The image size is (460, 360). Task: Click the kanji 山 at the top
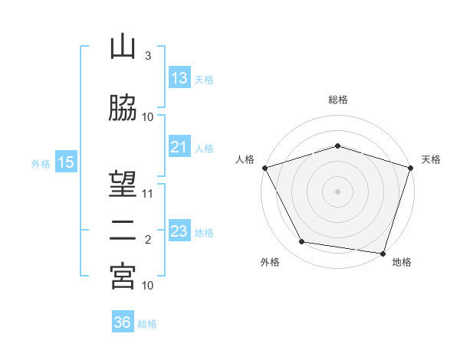click(x=123, y=47)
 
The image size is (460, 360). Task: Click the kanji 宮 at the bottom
click(x=123, y=277)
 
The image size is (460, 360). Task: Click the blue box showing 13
click(x=179, y=77)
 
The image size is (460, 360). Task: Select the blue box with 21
click(x=179, y=147)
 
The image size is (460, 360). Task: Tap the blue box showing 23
click(x=179, y=231)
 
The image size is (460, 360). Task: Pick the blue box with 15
click(x=66, y=162)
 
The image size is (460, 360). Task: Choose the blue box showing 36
click(x=123, y=322)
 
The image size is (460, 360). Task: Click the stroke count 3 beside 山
click(x=147, y=56)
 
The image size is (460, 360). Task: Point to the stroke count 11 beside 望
click(x=148, y=193)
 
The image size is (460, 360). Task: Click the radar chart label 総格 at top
click(x=338, y=100)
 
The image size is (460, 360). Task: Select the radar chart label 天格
click(x=432, y=159)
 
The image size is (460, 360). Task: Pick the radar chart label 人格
click(x=245, y=159)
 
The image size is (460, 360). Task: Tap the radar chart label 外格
click(x=270, y=262)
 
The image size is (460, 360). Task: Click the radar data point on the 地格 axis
click(x=383, y=253)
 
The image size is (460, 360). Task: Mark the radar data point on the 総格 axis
click(x=338, y=146)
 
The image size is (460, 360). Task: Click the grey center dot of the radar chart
click(x=338, y=191)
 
